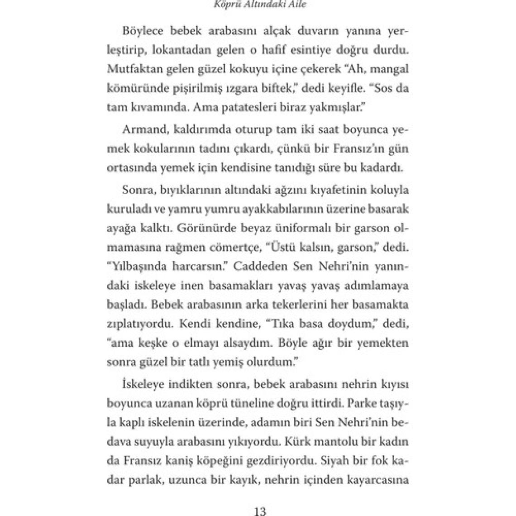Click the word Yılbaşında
point(134,267)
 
